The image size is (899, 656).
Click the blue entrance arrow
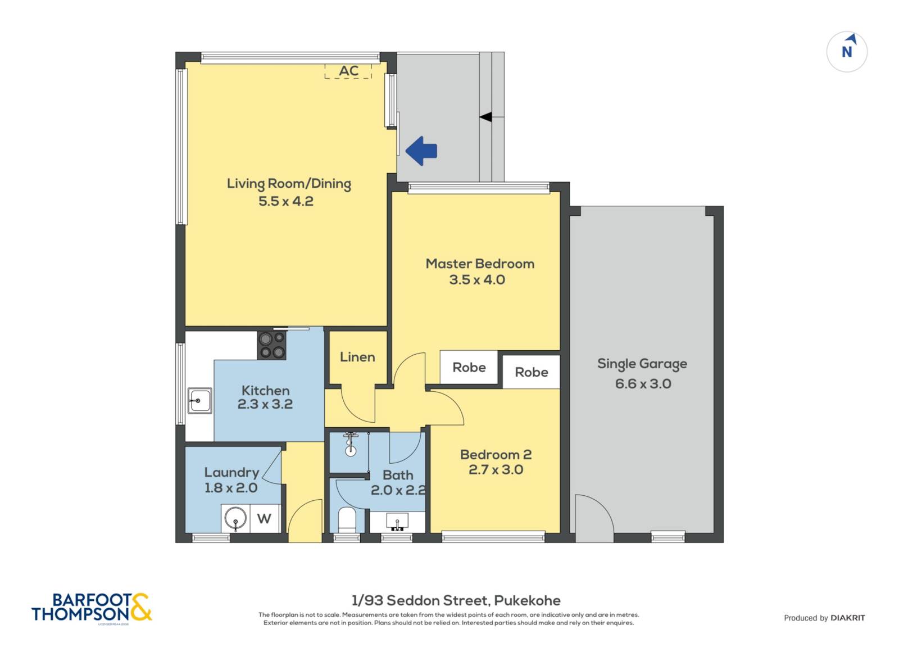pyautogui.click(x=421, y=151)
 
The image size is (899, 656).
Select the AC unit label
pyautogui.click(x=348, y=71)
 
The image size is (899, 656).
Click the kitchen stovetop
pyautogui.click(x=272, y=345)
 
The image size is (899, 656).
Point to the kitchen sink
pyautogui.click(x=200, y=400)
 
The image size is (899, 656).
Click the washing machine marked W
pyautogui.click(x=265, y=518)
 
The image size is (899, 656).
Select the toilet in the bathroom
pyautogui.click(x=347, y=520)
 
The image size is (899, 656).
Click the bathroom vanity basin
pyautogui.click(x=397, y=521)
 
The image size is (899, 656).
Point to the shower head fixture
pyautogui.click(x=351, y=444)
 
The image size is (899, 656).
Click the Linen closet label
pyautogui.click(x=357, y=357)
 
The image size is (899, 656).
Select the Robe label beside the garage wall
pyautogui.click(x=532, y=372)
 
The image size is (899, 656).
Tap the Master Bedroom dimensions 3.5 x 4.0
pyautogui.click(x=477, y=279)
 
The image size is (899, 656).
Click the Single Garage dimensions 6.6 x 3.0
pyautogui.click(x=643, y=383)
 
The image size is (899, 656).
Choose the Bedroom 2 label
pyautogui.click(x=496, y=454)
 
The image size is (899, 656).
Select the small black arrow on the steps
pyautogui.click(x=485, y=117)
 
